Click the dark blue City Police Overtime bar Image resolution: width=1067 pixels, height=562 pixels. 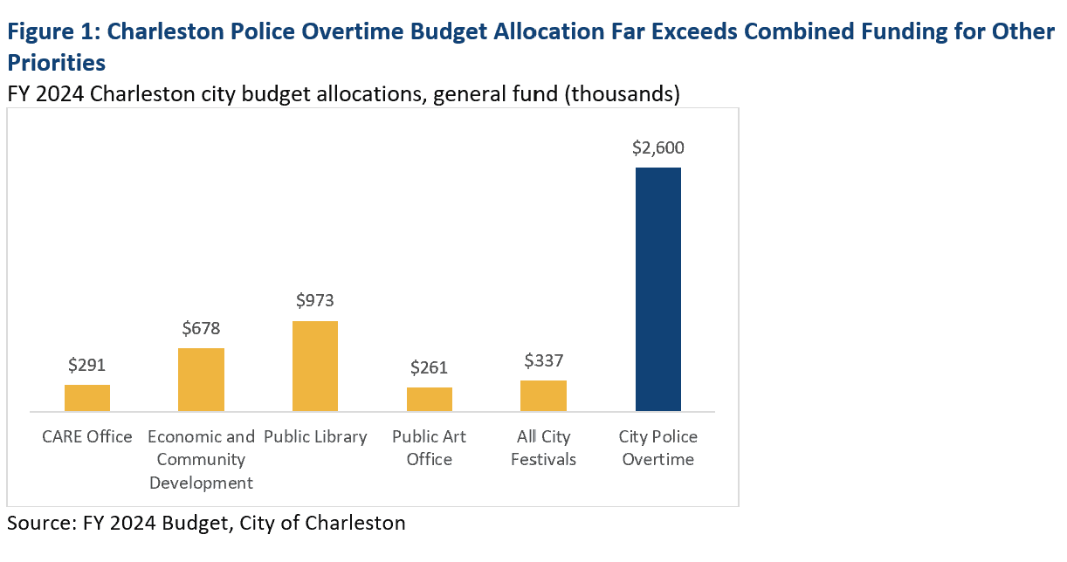tap(657, 289)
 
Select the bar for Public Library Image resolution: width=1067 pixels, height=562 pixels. tap(315, 366)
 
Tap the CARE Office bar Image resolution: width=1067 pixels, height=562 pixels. tap(87, 398)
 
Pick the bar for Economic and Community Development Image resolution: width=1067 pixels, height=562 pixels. tap(201, 380)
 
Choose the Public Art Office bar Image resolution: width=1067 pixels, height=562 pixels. tap(430, 399)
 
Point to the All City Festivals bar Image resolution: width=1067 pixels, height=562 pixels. tap(543, 395)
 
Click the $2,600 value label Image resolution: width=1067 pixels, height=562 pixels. tap(658, 147)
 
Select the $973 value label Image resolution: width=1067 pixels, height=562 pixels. tap(315, 301)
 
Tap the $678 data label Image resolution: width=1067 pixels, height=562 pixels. tap(202, 328)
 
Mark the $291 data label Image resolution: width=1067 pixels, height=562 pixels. tap(87, 365)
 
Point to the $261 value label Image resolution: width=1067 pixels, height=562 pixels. tap(430, 367)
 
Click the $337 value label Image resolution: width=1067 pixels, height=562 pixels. tap(543, 360)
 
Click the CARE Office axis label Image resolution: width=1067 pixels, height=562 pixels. tap(87, 436)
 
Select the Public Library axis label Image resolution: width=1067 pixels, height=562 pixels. tap(315, 436)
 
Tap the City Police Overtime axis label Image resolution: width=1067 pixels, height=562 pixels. tap(658, 448)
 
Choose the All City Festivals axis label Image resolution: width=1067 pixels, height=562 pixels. tap(543, 448)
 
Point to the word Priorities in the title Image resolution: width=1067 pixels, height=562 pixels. tap(57, 63)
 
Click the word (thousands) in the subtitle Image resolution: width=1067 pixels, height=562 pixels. tap(621, 93)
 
